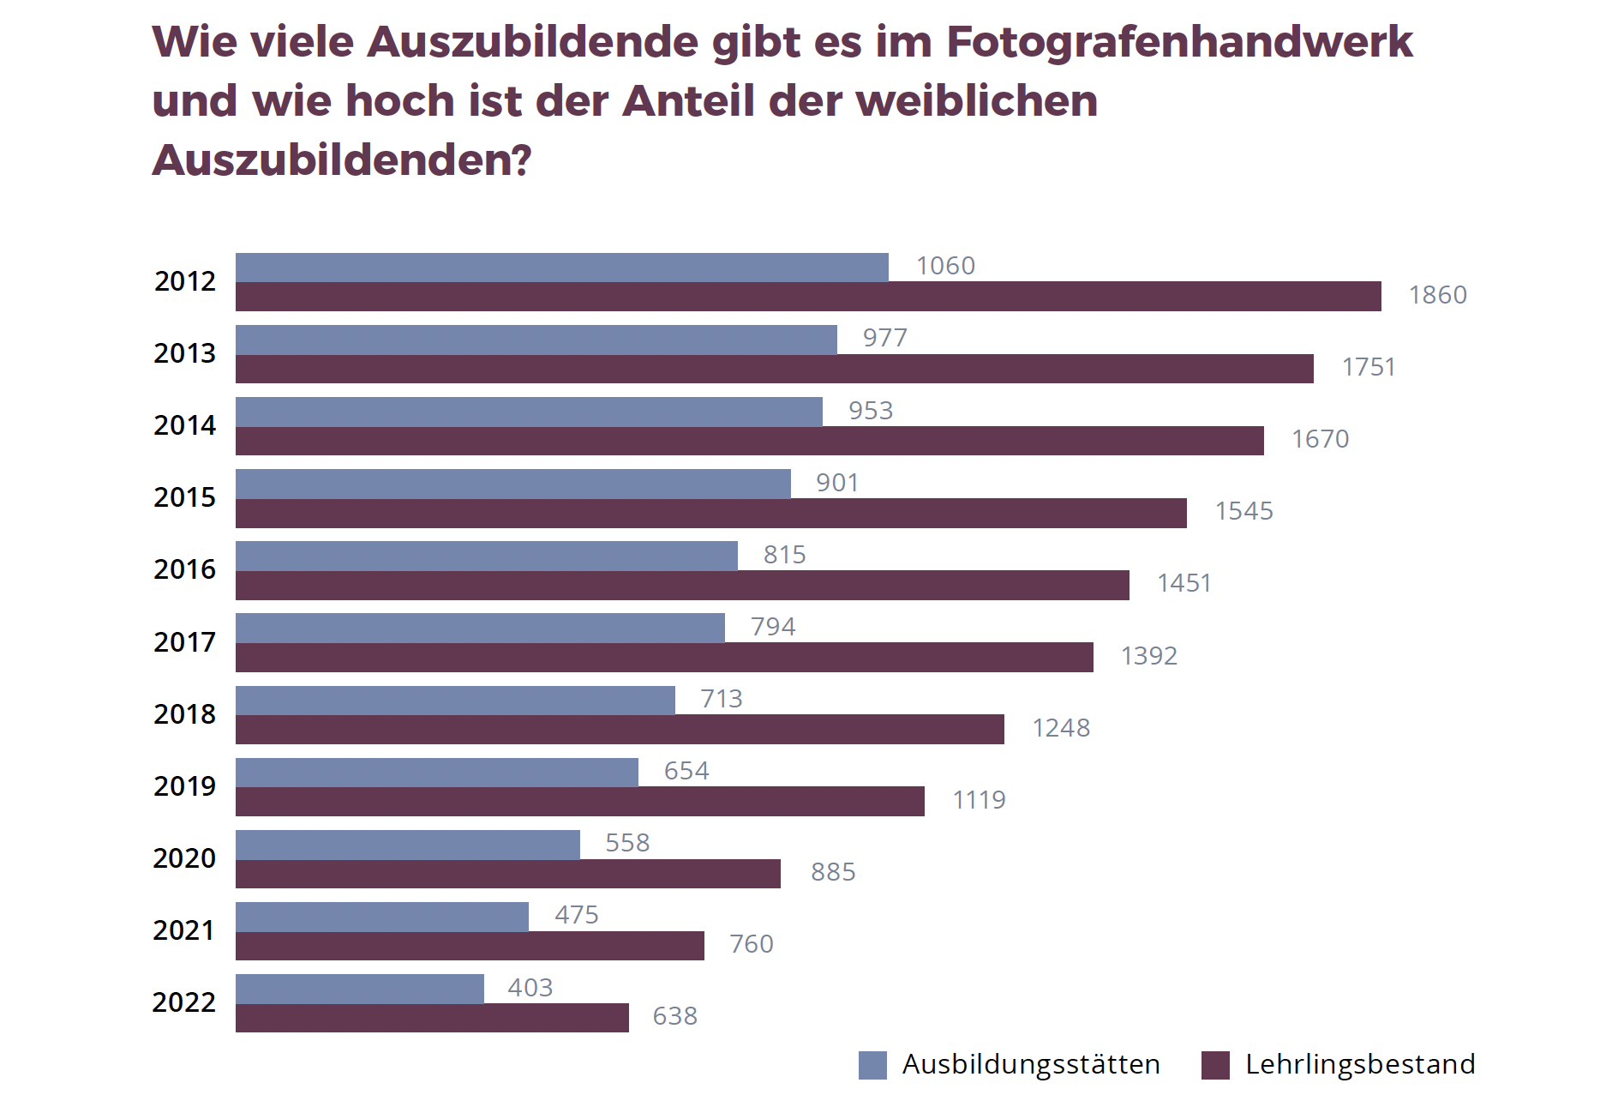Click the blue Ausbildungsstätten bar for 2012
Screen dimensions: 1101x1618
tap(561, 268)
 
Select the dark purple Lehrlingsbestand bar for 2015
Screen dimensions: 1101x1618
tap(710, 514)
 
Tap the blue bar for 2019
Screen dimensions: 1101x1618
tap(436, 773)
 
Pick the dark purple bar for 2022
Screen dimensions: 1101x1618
tap(432, 1018)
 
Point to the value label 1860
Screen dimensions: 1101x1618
tap(1437, 295)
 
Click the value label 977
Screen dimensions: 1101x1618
tap(884, 338)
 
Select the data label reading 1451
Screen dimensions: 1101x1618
tap(1184, 583)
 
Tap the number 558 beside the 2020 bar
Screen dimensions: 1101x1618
tap(627, 843)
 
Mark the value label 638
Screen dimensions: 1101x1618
tap(674, 1016)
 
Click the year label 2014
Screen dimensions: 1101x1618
tap(184, 425)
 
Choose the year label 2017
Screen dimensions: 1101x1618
tap(184, 641)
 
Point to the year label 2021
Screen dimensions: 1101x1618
tap(183, 930)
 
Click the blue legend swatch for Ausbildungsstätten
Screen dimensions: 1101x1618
tap(872, 1065)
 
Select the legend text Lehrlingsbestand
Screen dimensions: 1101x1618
tap(1360, 1064)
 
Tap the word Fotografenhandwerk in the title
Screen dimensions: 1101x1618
tap(1179, 41)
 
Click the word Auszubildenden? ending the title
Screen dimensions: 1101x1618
tap(342, 159)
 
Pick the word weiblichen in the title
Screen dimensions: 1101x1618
tap(976, 100)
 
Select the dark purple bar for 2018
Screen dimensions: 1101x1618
tap(620, 730)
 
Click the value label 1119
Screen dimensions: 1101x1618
tap(979, 800)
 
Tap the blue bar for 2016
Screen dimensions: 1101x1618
tap(486, 556)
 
